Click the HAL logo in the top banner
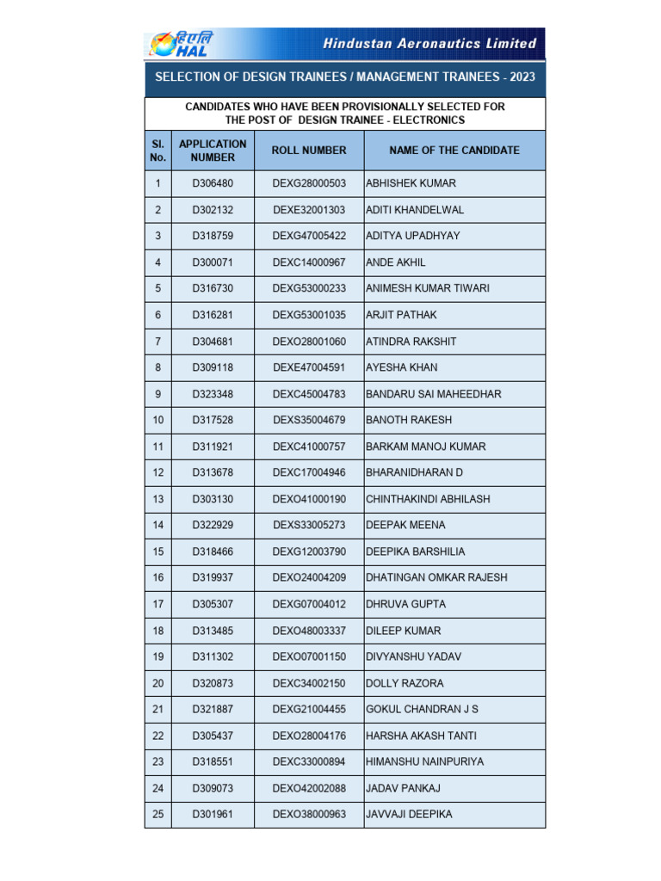tap(182, 44)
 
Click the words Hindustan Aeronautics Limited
tap(429, 43)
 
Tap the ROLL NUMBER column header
tap(309, 151)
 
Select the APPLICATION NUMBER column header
tap(213, 151)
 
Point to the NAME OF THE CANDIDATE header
tap(454, 151)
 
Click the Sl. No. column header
tap(158, 151)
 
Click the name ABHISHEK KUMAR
tap(411, 184)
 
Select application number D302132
tap(213, 210)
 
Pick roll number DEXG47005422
tap(309, 237)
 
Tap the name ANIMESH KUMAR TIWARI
tap(428, 289)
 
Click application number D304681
tap(213, 342)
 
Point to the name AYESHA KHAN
tap(402, 367)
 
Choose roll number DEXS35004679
tap(309, 421)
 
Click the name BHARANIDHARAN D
tap(415, 473)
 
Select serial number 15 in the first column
tap(158, 551)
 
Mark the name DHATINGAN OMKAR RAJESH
tap(436, 578)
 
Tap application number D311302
tap(213, 657)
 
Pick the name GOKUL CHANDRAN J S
tap(422, 710)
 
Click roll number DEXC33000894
tap(309, 762)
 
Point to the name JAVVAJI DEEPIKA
tap(409, 815)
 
